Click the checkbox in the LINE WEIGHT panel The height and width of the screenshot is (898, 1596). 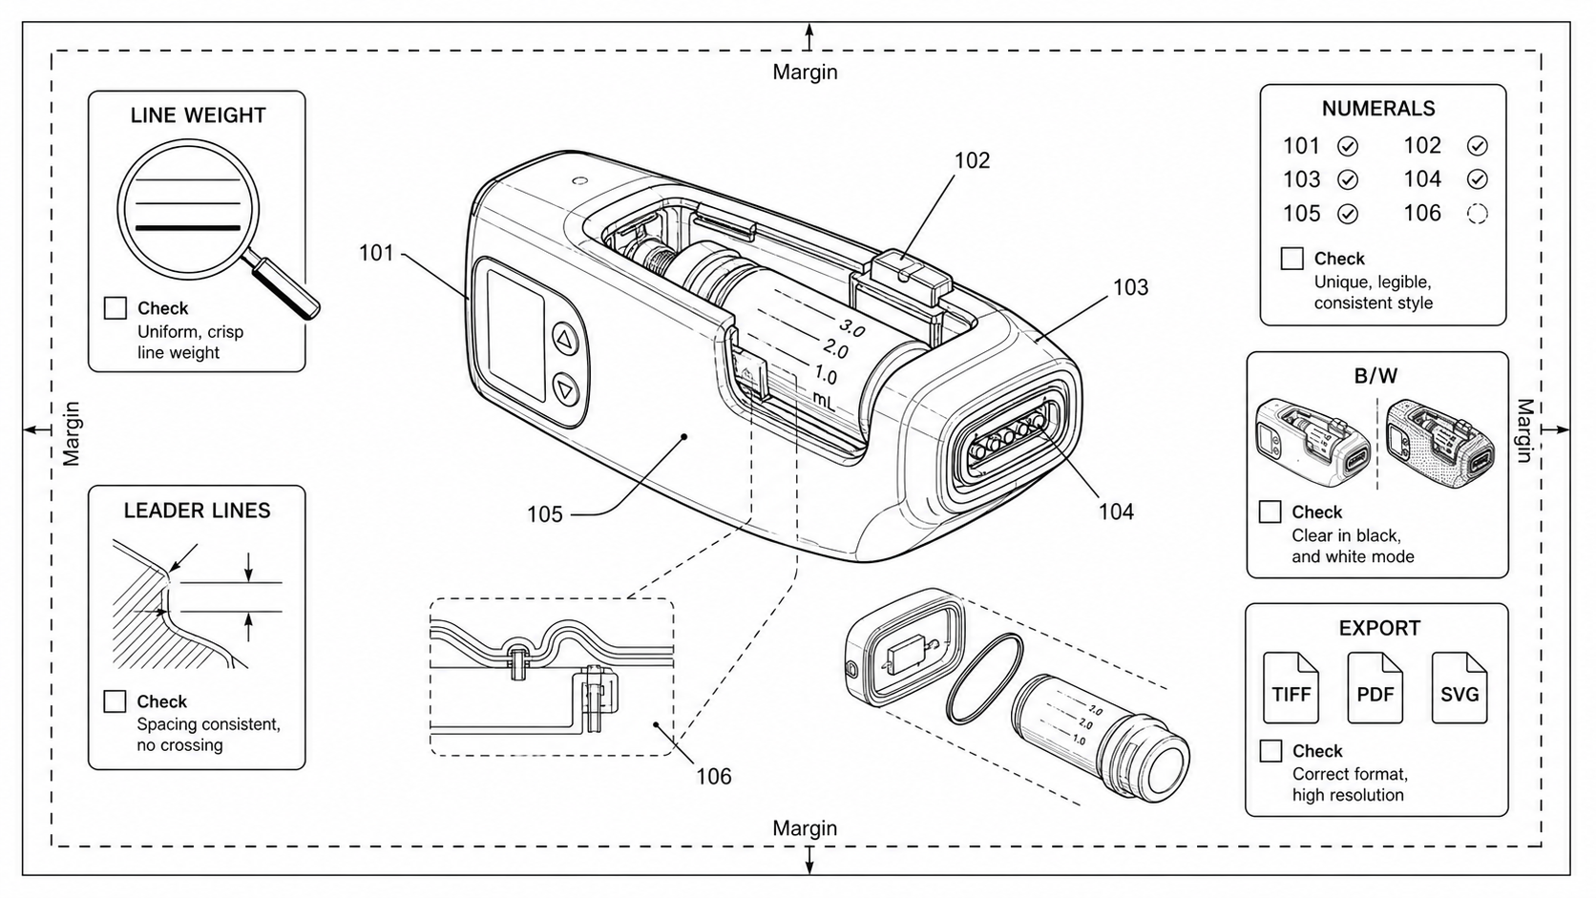115,308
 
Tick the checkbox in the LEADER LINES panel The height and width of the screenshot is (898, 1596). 115,701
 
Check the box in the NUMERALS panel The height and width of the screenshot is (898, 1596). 1291,259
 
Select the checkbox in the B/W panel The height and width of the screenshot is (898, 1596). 1270,512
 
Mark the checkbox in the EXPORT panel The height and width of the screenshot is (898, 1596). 1270,751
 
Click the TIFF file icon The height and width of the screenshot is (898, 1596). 1291,688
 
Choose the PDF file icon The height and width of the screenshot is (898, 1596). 1375,688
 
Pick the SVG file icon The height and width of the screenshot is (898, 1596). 1459,688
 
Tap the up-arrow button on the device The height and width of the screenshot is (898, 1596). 566,340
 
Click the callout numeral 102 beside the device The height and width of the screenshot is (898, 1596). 973,160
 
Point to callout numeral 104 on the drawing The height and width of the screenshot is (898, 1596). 1116,512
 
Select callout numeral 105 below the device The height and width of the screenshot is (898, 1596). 545,514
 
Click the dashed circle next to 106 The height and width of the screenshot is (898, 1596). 1478,214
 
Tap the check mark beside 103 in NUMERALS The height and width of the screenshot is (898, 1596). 1347,179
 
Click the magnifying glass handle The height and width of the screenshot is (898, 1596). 286,288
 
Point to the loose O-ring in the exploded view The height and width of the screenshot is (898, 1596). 984,679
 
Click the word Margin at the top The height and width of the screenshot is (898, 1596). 805,72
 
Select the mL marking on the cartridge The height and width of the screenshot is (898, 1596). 824,400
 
